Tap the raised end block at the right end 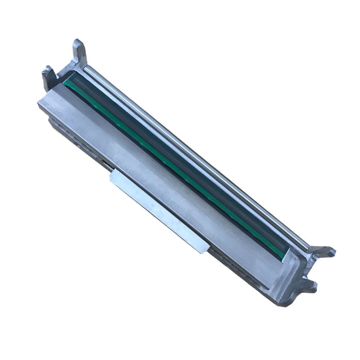click(288, 274)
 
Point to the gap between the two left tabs click(61, 67)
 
